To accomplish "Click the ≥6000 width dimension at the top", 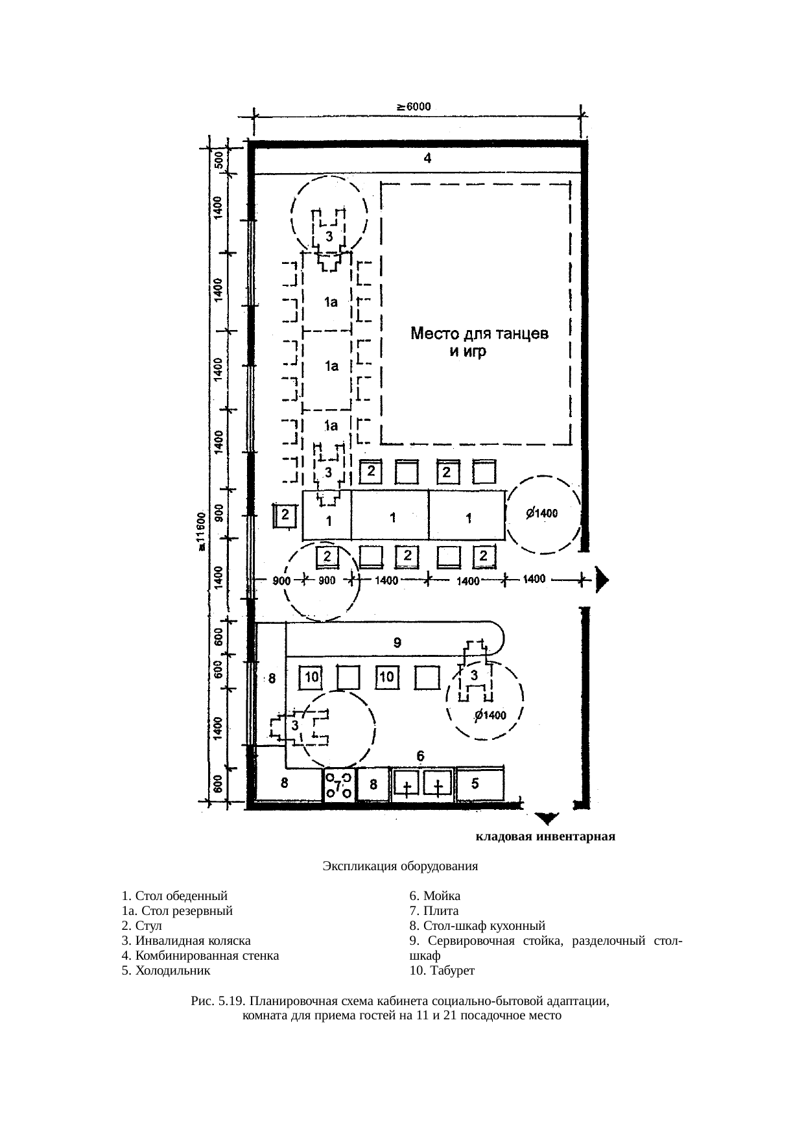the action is point(415,107).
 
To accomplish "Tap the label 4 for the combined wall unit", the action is point(427,158).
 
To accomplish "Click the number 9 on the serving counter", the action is point(399,643).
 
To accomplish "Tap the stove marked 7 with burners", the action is point(338,785).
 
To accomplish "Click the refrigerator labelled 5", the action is point(480,785).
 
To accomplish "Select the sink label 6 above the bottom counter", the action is point(421,755).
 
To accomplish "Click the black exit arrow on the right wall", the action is point(602,580).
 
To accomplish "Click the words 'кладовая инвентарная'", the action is point(545,836).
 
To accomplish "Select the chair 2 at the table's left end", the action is point(285,516).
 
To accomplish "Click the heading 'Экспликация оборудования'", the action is point(400,866).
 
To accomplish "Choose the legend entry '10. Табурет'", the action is point(442,970).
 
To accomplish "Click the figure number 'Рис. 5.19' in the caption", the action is point(219,1001).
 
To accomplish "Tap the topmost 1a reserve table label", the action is point(331,302).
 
